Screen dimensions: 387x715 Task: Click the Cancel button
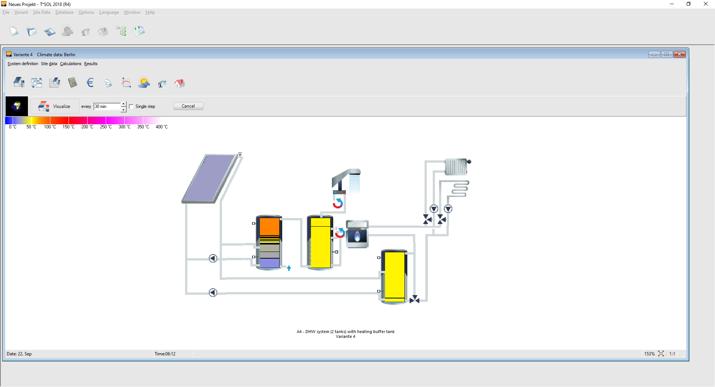[x=188, y=106]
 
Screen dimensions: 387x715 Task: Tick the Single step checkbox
[x=131, y=106]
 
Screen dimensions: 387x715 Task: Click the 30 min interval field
[x=107, y=106]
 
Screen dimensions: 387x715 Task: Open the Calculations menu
[x=70, y=64]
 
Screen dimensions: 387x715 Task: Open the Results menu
[x=90, y=64]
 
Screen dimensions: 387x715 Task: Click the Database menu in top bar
[x=64, y=12]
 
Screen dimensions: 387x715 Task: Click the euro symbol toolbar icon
[x=90, y=83]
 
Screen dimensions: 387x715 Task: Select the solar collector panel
[x=210, y=179]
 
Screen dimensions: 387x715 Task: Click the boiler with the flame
[x=357, y=234]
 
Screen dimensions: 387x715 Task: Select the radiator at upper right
[x=456, y=167]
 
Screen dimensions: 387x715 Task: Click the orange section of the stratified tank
[x=269, y=226]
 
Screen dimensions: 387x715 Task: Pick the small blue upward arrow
[x=289, y=268]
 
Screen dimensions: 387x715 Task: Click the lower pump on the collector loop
[x=213, y=292]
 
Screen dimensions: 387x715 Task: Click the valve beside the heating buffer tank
[x=414, y=300]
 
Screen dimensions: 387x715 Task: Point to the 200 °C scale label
[x=87, y=127]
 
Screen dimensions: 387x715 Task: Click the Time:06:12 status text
[x=165, y=354]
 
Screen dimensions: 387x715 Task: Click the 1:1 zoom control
[x=672, y=354]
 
